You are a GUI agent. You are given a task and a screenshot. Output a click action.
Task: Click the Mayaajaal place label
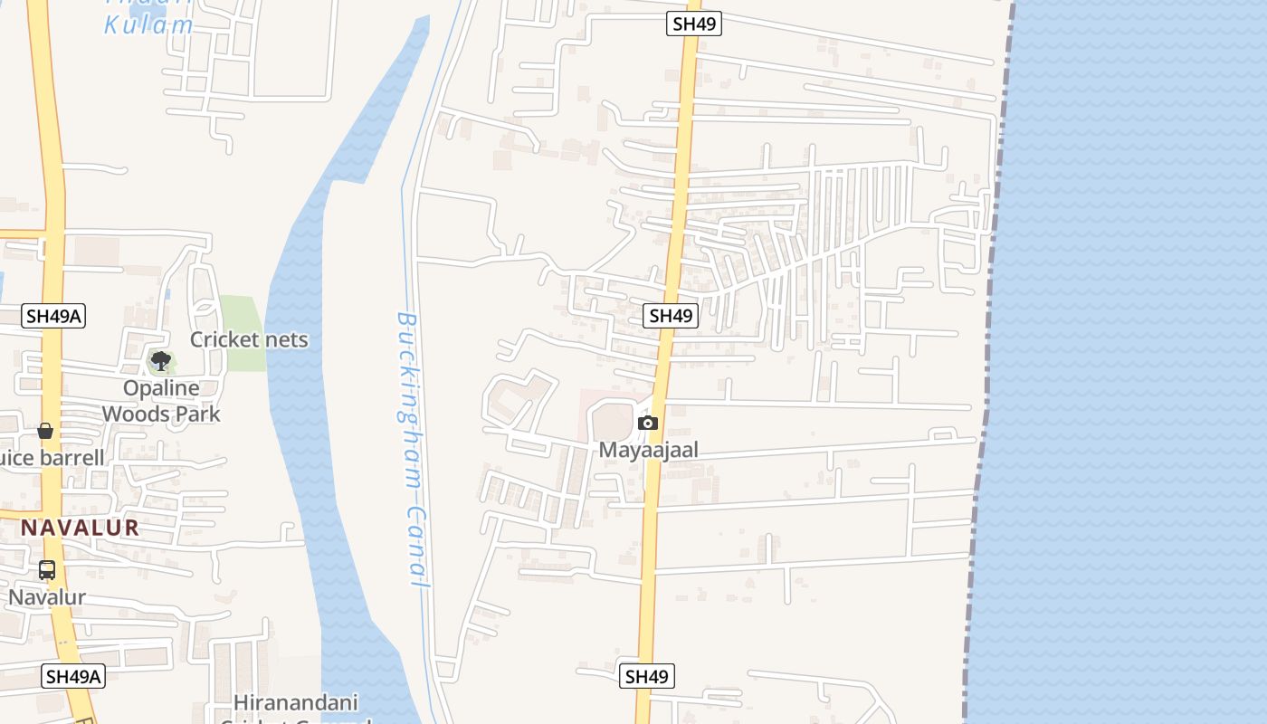(x=648, y=450)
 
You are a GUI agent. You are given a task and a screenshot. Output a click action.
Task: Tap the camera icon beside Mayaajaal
(x=647, y=423)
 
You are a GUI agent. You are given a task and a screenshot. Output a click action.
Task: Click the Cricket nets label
(x=249, y=339)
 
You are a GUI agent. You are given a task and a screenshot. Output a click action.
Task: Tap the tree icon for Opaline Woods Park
(x=161, y=361)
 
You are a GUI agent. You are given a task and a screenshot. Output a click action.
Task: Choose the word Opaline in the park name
(x=161, y=388)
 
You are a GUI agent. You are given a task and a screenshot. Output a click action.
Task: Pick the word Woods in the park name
(x=136, y=414)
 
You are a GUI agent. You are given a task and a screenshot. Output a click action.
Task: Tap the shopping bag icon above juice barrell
(x=45, y=430)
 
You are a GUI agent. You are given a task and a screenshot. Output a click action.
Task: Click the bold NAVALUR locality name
(x=81, y=528)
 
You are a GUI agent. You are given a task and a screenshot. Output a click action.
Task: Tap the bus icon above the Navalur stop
(x=47, y=570)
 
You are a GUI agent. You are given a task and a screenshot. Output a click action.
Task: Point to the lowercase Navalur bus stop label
(x=47, y=597)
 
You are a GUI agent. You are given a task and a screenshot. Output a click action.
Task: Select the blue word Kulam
(x=148, y=24)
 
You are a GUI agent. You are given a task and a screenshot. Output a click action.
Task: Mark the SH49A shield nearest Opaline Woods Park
(x=53, y=316)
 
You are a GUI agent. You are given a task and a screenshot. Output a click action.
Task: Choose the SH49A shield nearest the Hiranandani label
(x=74, y=676)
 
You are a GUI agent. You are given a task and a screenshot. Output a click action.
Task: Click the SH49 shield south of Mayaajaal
(x=646, y=676)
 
